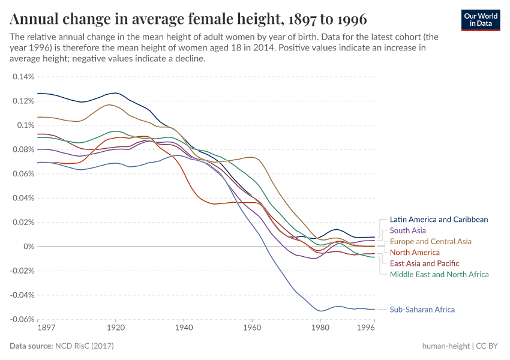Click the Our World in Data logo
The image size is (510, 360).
pyautogui.click(x=481, y=19)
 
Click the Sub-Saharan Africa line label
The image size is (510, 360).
pyautogui.click(x=422, y=310)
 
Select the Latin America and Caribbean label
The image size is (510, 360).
pyautogui.click(x=439, y=220)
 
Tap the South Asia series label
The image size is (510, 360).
pyautogui.click(x=408, y=230)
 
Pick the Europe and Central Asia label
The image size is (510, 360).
pyautogui.click(x=430, y=241)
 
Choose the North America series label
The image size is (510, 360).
pyautogui.click(x=415, y=253)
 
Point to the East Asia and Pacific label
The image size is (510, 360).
pyautogui.click(x=424, y=263)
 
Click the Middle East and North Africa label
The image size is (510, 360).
pyautogui.click(x=439, y=274)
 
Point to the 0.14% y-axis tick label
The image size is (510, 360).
pyautogui.click(x=23, y=77)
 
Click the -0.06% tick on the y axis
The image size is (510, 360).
pyautogui.click(x=22, y=319)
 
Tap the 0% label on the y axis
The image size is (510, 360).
pyautogui.click(x=29, y=247)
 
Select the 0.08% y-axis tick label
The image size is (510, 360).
pyautogui.click(x=23, y=149)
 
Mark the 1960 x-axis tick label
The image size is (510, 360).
pyautogui.click(x=252, y=328)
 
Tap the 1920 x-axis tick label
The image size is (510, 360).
pyautogui.click(x=116, y=328)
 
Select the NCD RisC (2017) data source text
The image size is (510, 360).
pyautogui.click(x=84, y=346)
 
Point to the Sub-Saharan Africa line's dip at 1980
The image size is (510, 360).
pyautogui.click(x=320, y=311)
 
